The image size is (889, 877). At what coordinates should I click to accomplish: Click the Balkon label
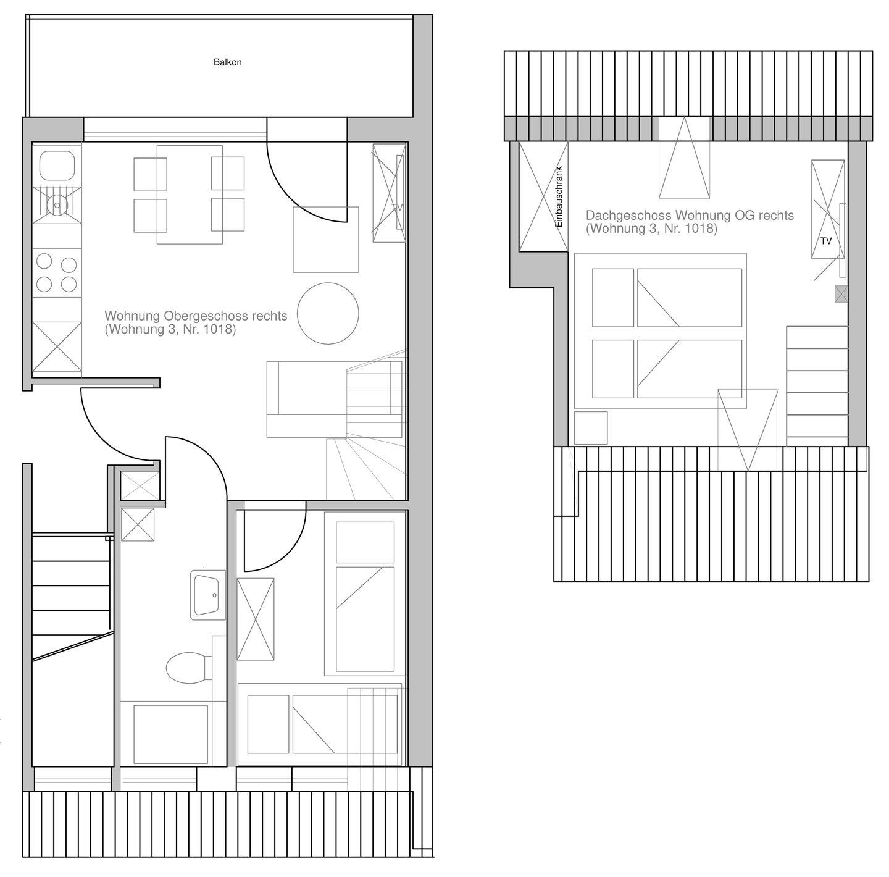[x=227, y=62]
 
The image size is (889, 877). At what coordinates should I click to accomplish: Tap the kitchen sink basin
[x=57, y=166]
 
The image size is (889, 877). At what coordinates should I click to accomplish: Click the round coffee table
[x=328, y=313]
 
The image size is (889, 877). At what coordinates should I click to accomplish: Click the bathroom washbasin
[x=207, y=595]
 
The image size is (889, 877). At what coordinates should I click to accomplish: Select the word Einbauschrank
[x=559, y=196]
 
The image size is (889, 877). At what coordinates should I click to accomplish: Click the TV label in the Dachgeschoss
[x=826, y=241]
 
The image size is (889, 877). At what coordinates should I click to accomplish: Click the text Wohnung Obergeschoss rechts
[x=196, y=316]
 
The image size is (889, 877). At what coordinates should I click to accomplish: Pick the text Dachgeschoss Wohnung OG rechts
[x=690, y=216]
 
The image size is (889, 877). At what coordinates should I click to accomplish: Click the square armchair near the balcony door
[x=326, y=240]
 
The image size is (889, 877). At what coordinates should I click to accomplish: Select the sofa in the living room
[x=335, y=399]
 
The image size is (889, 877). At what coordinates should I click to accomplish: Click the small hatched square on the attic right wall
[x=841, y=294]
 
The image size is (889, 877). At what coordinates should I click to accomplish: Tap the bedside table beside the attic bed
[x=591, y=428]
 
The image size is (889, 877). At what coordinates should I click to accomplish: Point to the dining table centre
[x=190, y=195]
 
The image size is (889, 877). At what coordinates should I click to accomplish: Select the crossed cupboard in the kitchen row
[x=57, y=346]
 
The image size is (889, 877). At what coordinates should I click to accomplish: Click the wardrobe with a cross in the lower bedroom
[x=255, y=619]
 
